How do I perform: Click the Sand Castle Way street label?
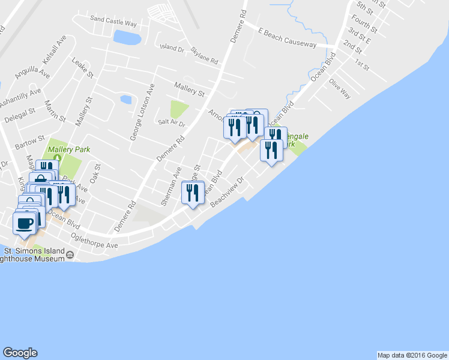click(x=113, y=20)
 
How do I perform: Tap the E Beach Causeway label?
click(x=287, y=37)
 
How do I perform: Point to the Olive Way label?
click(x=340, y=89)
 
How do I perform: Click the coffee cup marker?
click(x=25, y=223)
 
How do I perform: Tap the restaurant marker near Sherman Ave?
click(x=192, y=193)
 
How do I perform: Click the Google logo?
click(x=20, y=353)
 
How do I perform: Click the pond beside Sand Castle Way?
click(x=127, y=38)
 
